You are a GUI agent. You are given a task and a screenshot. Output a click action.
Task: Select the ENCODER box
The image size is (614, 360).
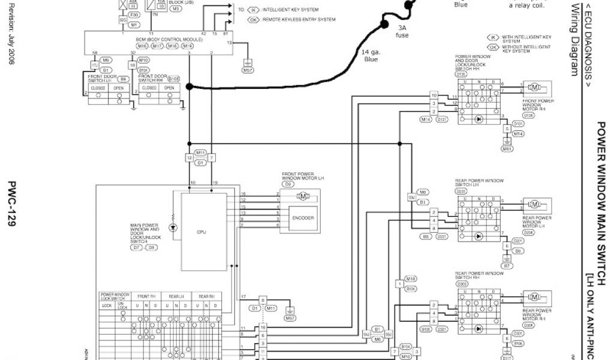(x=303, y=218)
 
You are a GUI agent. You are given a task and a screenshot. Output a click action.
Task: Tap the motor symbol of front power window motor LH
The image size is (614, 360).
(x=303, y=196)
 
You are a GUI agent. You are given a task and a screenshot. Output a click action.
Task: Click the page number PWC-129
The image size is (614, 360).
(x=11, y=204)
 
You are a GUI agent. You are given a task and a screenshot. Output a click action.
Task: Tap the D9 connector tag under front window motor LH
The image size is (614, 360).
(x=288, y=184)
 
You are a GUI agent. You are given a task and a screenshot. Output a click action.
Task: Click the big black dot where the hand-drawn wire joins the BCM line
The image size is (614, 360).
(x=189, y=87)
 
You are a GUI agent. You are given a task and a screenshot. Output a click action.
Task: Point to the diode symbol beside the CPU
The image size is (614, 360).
(x=173, y=227)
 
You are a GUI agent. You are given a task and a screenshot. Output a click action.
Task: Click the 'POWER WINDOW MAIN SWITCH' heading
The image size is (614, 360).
(x=601, y=198)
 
